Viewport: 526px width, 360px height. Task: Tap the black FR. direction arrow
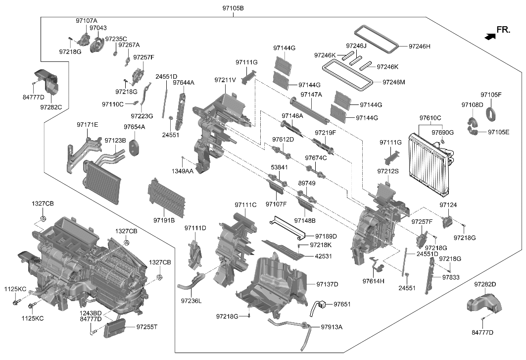(490, 36)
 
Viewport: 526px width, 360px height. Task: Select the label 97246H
(420, 46)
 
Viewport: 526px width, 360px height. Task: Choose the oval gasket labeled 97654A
(134, 147)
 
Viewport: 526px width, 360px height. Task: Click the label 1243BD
(91, 313)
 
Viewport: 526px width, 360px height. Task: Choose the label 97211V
(225, 80)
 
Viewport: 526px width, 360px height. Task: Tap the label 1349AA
(183, 171)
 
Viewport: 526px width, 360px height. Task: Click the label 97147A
(311, 95)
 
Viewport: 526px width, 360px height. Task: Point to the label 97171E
(87, 125)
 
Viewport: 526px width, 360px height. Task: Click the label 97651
(341, 304)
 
